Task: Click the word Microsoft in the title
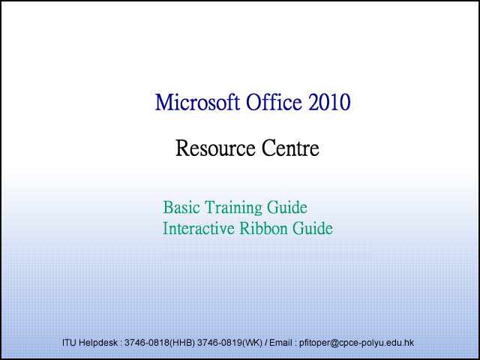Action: pos(197,102)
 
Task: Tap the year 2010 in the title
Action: pos(329,102)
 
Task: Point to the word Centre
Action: pos(290,148)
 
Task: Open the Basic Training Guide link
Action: pos(235,207)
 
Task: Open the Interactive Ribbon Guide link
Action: pos(247,228)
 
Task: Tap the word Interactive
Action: pos(199,228)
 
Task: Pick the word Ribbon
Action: pos(263,228)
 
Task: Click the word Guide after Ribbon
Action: pos(313,228)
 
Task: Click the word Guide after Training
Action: pos(287,207)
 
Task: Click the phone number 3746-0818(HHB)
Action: pos(160,343)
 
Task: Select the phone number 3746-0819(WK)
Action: pos(229,343)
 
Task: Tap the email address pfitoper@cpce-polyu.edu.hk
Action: pos(357,343)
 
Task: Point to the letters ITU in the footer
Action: pos(70,343)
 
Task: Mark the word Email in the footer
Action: pos(280,343)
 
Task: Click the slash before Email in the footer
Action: pos(265,343)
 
